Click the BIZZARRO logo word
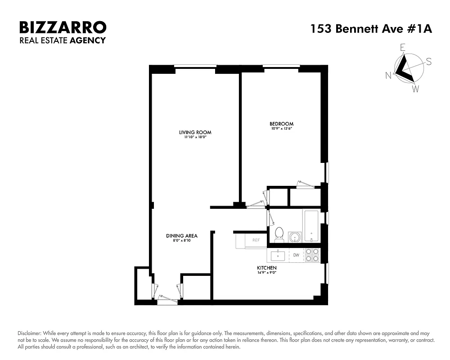63,27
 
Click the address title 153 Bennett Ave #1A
371,29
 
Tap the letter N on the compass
388,76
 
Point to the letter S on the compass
429,62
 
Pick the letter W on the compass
415,89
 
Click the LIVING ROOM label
195,132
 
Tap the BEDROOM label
281,124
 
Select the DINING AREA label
182,235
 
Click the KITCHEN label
267,268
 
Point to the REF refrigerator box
256,240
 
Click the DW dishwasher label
296,255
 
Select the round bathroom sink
295,237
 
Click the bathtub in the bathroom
311,226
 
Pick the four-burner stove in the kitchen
312,255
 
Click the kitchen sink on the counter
278,256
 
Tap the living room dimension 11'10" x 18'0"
195,137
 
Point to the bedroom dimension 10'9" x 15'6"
281,129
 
